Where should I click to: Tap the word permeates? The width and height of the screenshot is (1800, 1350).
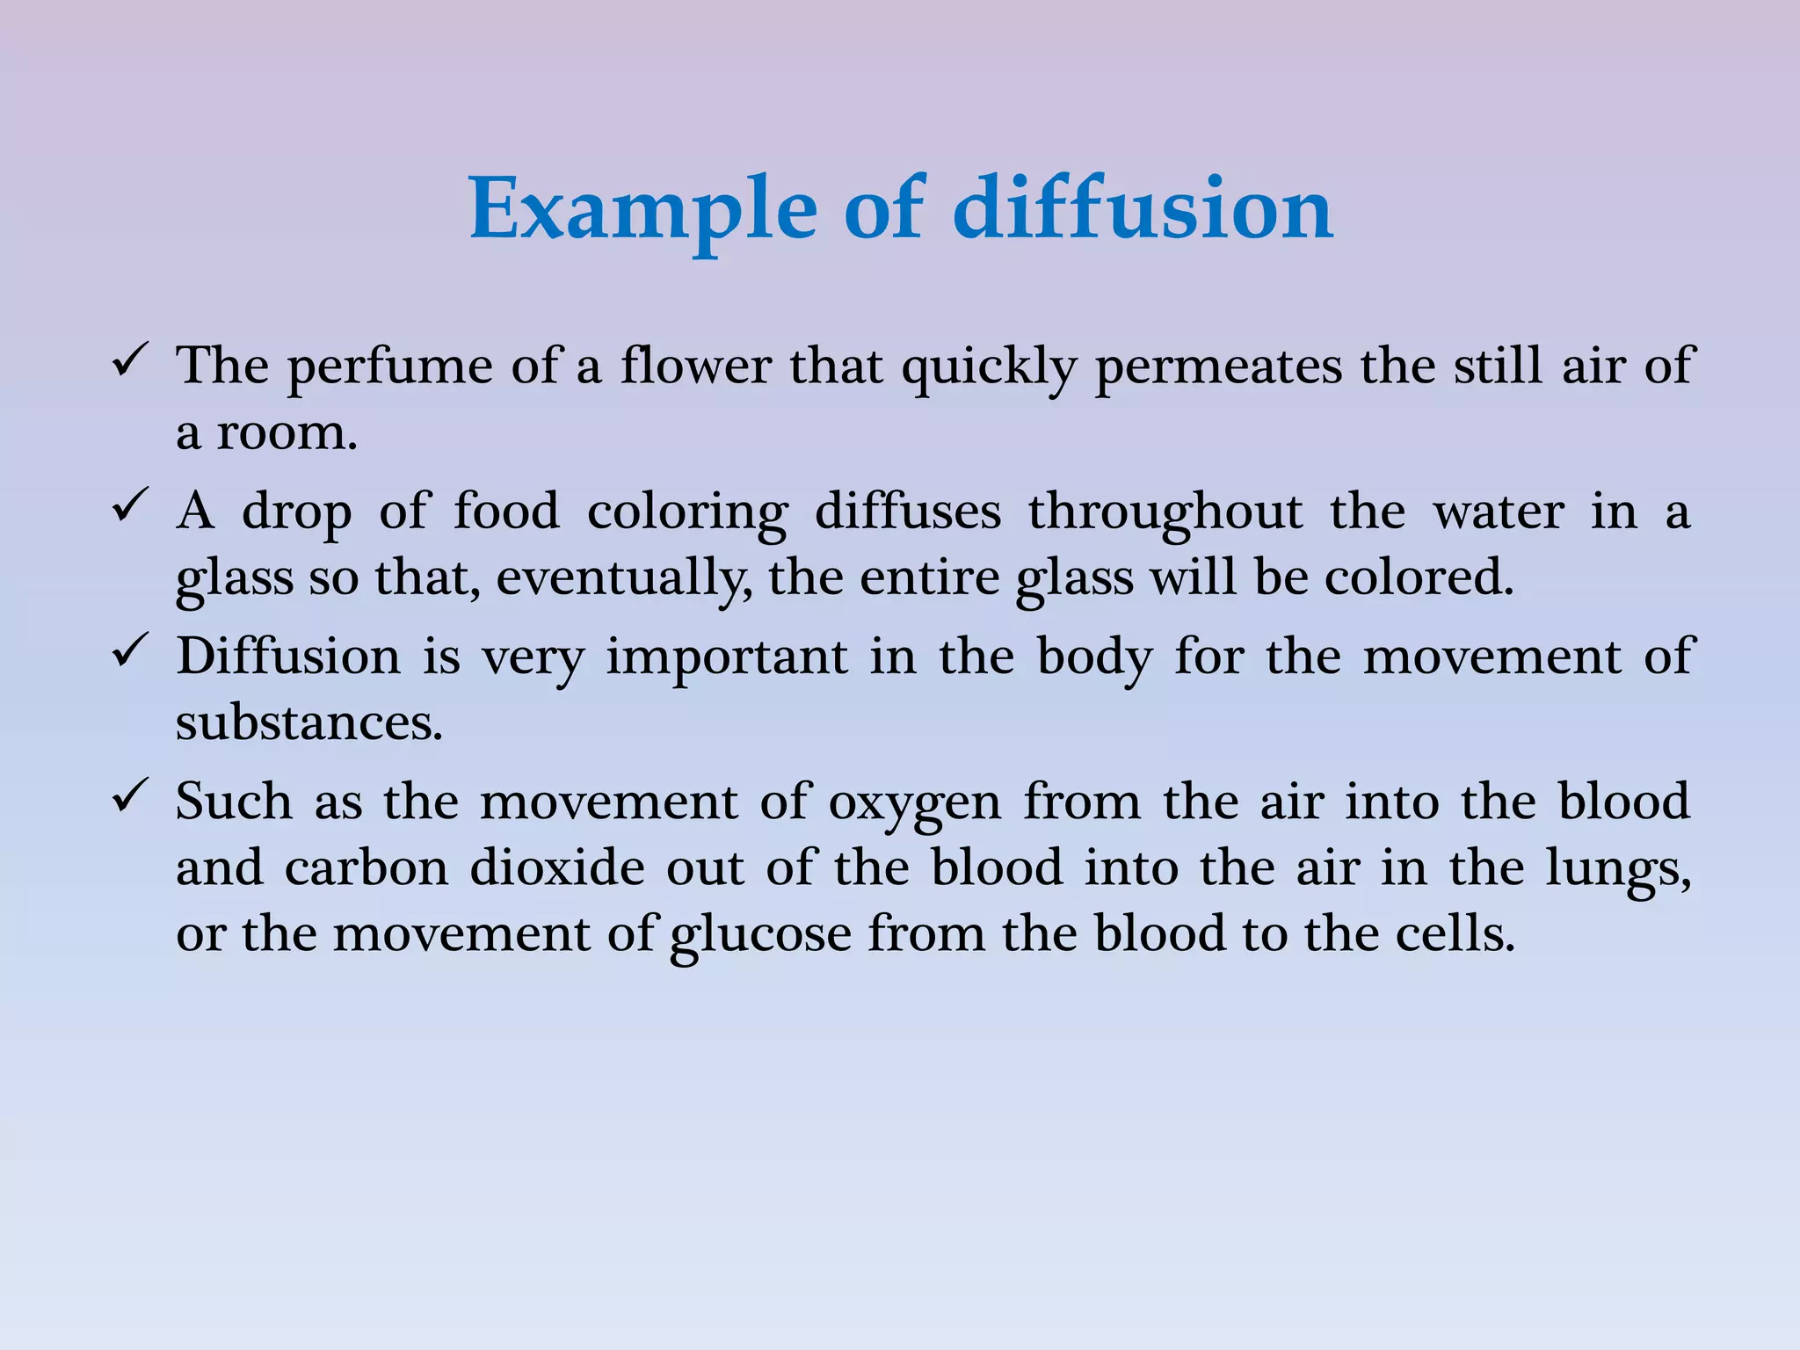(1218, 367)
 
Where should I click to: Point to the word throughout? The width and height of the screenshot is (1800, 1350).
(1165, 512)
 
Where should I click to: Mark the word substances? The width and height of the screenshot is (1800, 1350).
(308, 722)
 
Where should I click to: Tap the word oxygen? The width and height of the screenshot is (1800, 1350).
(914, 803)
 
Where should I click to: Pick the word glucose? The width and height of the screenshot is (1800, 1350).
(760, 934)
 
